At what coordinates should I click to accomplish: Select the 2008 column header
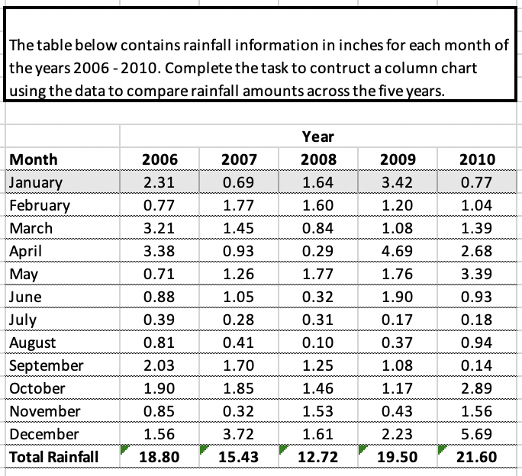tap(317, 159)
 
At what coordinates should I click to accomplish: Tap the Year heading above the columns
tap(317, 137)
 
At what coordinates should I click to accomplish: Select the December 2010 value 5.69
tap(478, 434)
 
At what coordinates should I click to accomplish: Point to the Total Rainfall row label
tap(53, 457)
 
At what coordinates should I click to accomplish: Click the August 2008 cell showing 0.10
tap(317, 343)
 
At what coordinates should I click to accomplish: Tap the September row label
tap(46, 365)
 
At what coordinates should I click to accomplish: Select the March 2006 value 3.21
tap(160, 228)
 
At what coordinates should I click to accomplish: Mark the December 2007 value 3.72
tap(239, 434)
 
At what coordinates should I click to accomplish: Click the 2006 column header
tap(160, 159)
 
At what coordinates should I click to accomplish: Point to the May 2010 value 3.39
tap(478, 274)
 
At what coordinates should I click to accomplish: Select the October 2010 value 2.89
tap(478, 388)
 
